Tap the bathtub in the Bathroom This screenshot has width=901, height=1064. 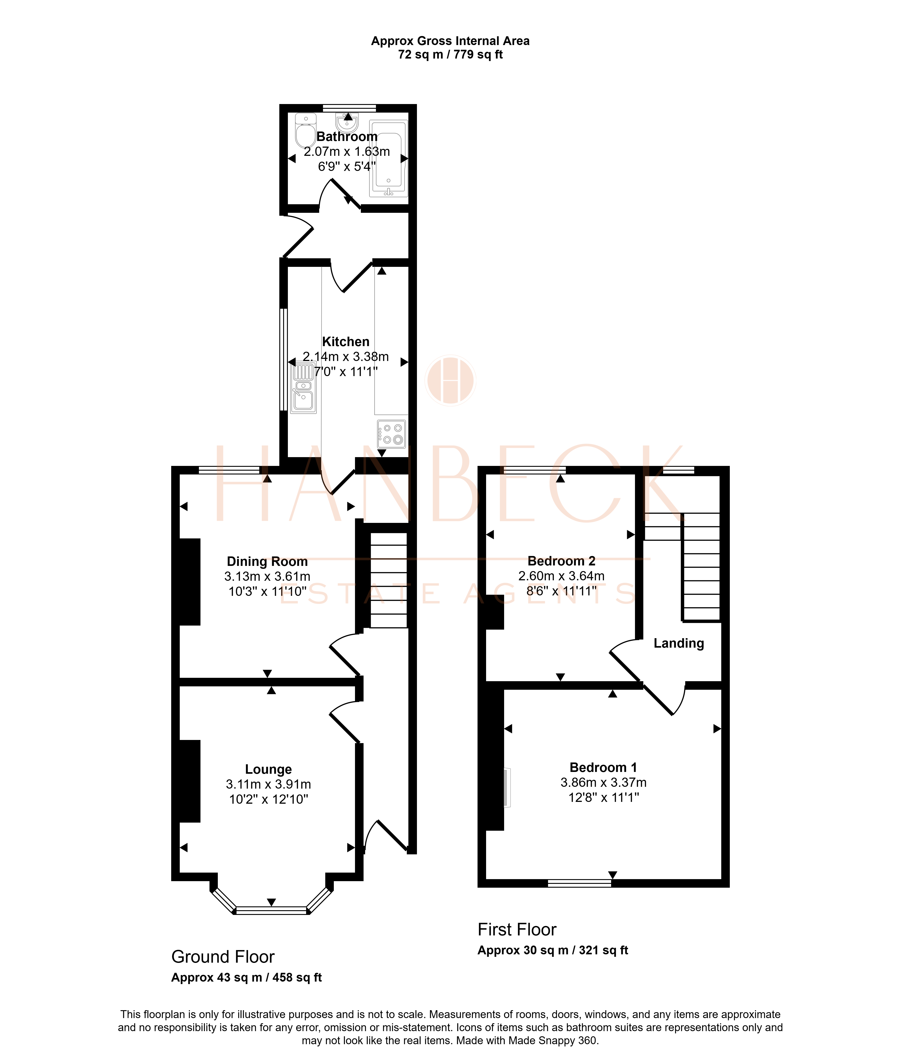(389, 158)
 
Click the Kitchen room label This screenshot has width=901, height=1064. (346, 342)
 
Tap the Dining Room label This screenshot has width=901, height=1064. (267, 562)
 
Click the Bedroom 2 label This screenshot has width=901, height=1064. (561, 561)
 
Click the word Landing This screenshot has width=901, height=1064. (679, 643)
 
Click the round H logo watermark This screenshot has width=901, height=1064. (450, 380)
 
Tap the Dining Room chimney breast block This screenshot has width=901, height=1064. (189, 581)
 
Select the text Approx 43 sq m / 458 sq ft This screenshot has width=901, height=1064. (246, 978)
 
